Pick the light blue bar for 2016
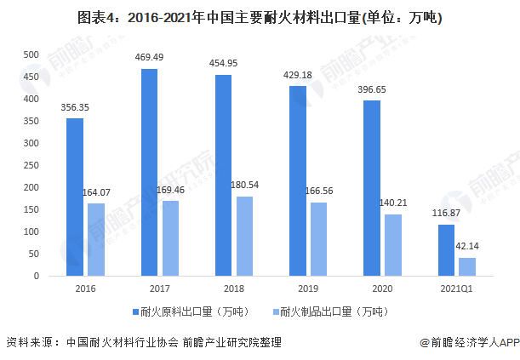[95, 239]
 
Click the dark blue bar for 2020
[372, 188]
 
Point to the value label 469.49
[149, 57]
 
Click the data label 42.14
[467, 246]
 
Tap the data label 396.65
[372, 89]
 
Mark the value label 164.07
[95, 192]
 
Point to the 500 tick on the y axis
[31, 54]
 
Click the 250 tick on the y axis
[31, 165]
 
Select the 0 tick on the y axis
[35, 276]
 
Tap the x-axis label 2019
[308, 289]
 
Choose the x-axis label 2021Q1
[457, 289]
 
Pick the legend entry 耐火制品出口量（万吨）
[327, 311]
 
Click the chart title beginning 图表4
[260, 17]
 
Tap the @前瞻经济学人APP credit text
[467, 343]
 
